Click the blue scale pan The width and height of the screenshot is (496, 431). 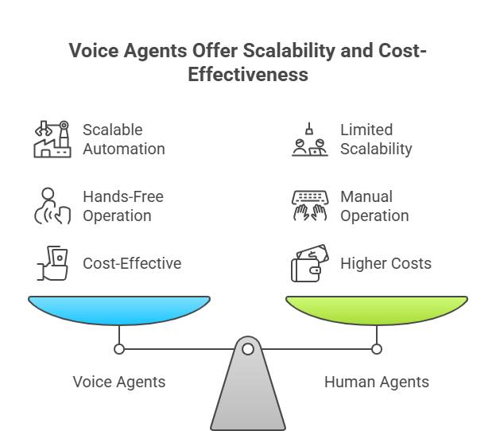(119, 309)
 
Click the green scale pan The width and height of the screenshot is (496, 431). (377, 309)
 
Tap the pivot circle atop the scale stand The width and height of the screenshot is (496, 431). (248, 348)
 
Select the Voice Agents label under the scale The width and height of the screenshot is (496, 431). (119, 382)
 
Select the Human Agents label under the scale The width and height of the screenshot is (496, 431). (377, 382)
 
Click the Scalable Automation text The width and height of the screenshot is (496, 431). (123, 138)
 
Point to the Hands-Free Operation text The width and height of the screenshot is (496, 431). (123, 205)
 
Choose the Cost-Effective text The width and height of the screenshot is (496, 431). (132, 263)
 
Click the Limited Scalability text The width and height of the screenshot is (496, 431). (376, 138)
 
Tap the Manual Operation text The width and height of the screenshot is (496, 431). (374, 205)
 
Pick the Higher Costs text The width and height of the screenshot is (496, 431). (386, 263)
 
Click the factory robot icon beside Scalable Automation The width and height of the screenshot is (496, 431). (52, 138)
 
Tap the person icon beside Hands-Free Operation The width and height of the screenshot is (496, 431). (52, 205)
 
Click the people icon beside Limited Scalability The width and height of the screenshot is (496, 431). (309, 138)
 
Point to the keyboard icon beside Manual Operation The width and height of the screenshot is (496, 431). (309, 205)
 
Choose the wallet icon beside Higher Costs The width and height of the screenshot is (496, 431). (309, 264)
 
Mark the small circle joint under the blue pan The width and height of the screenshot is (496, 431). (119, 348)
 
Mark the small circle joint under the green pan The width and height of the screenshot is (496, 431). (377, 348)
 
